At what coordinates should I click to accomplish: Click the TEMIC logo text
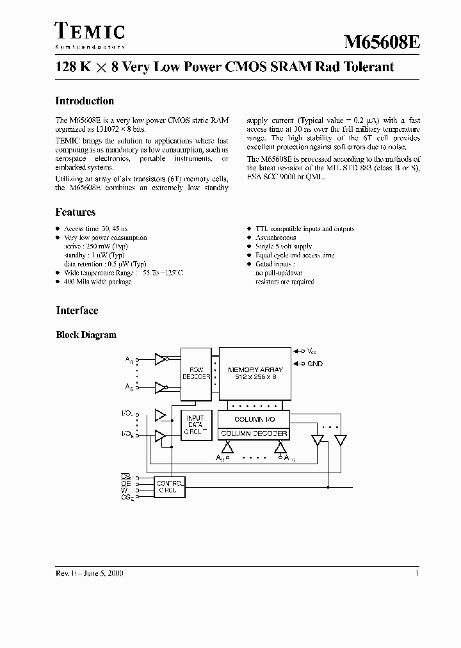click(x=90, y=31)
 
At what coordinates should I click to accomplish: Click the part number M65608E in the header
click(x=382, y=43)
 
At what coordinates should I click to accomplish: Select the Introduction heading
click(x=85, y=101)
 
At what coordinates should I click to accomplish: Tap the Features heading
click(x=76, y=213)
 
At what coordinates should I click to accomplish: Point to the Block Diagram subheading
click(x=86, y=335)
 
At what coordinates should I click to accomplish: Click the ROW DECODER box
click(x=196, y=373)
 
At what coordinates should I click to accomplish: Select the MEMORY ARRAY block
click(x=253, y=373)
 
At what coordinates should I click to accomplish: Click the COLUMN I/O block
click(x=254, y=419)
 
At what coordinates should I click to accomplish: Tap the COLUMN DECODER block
click(x=254, y=433)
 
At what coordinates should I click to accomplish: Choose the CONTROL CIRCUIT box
click(x=170, y=487)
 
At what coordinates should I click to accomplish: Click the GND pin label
click(x=315, y=364)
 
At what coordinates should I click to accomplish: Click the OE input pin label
click(x=125, y=483)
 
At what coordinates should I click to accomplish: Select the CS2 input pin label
click(x=126, y=497)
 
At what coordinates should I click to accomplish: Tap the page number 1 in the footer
click(x=417, y=574)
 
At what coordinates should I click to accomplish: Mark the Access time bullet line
click(x=89, y=229)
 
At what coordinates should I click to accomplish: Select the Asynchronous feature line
click(x=275, y=238)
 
